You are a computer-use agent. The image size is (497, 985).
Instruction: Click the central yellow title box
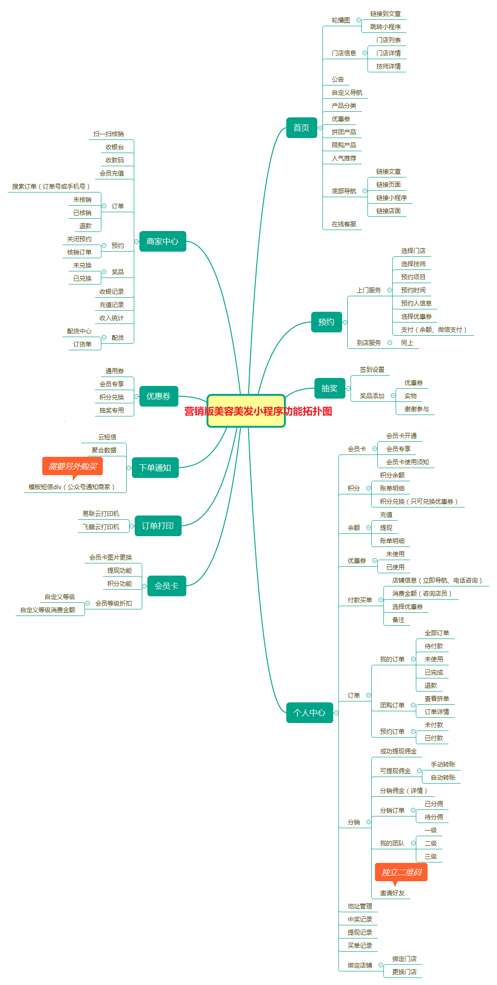point(246,411)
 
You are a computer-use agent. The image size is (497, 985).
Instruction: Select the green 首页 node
point(301,128)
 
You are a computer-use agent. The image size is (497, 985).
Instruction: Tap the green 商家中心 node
point(162,241)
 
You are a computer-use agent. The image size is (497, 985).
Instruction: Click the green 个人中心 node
point(309,713)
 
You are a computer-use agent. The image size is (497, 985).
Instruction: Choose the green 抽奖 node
point(329,388)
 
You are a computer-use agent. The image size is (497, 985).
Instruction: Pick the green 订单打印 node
point(158,526)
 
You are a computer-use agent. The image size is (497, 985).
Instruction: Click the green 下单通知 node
point(155,468)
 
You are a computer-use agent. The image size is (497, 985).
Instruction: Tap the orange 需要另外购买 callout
point(72,466)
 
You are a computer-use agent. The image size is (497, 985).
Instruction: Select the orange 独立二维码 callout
point(401,872)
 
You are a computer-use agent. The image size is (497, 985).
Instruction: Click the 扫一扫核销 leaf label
point(108,134)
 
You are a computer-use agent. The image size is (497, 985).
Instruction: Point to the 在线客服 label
point(344,224)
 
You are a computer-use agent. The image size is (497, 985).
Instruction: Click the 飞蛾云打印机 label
point(101,527)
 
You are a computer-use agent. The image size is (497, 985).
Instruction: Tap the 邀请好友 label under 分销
point(392,893)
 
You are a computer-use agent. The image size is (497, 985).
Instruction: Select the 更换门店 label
point(405,972)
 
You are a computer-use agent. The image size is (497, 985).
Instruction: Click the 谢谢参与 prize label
point(417,409)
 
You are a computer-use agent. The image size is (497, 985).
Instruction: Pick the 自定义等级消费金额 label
point(47,610)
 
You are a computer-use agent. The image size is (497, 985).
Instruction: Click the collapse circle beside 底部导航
point(365,191)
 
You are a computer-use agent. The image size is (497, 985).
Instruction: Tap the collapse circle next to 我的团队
point(413,843)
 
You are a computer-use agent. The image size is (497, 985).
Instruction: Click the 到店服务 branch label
point(369,343)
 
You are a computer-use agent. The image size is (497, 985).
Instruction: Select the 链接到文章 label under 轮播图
point(385,14)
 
